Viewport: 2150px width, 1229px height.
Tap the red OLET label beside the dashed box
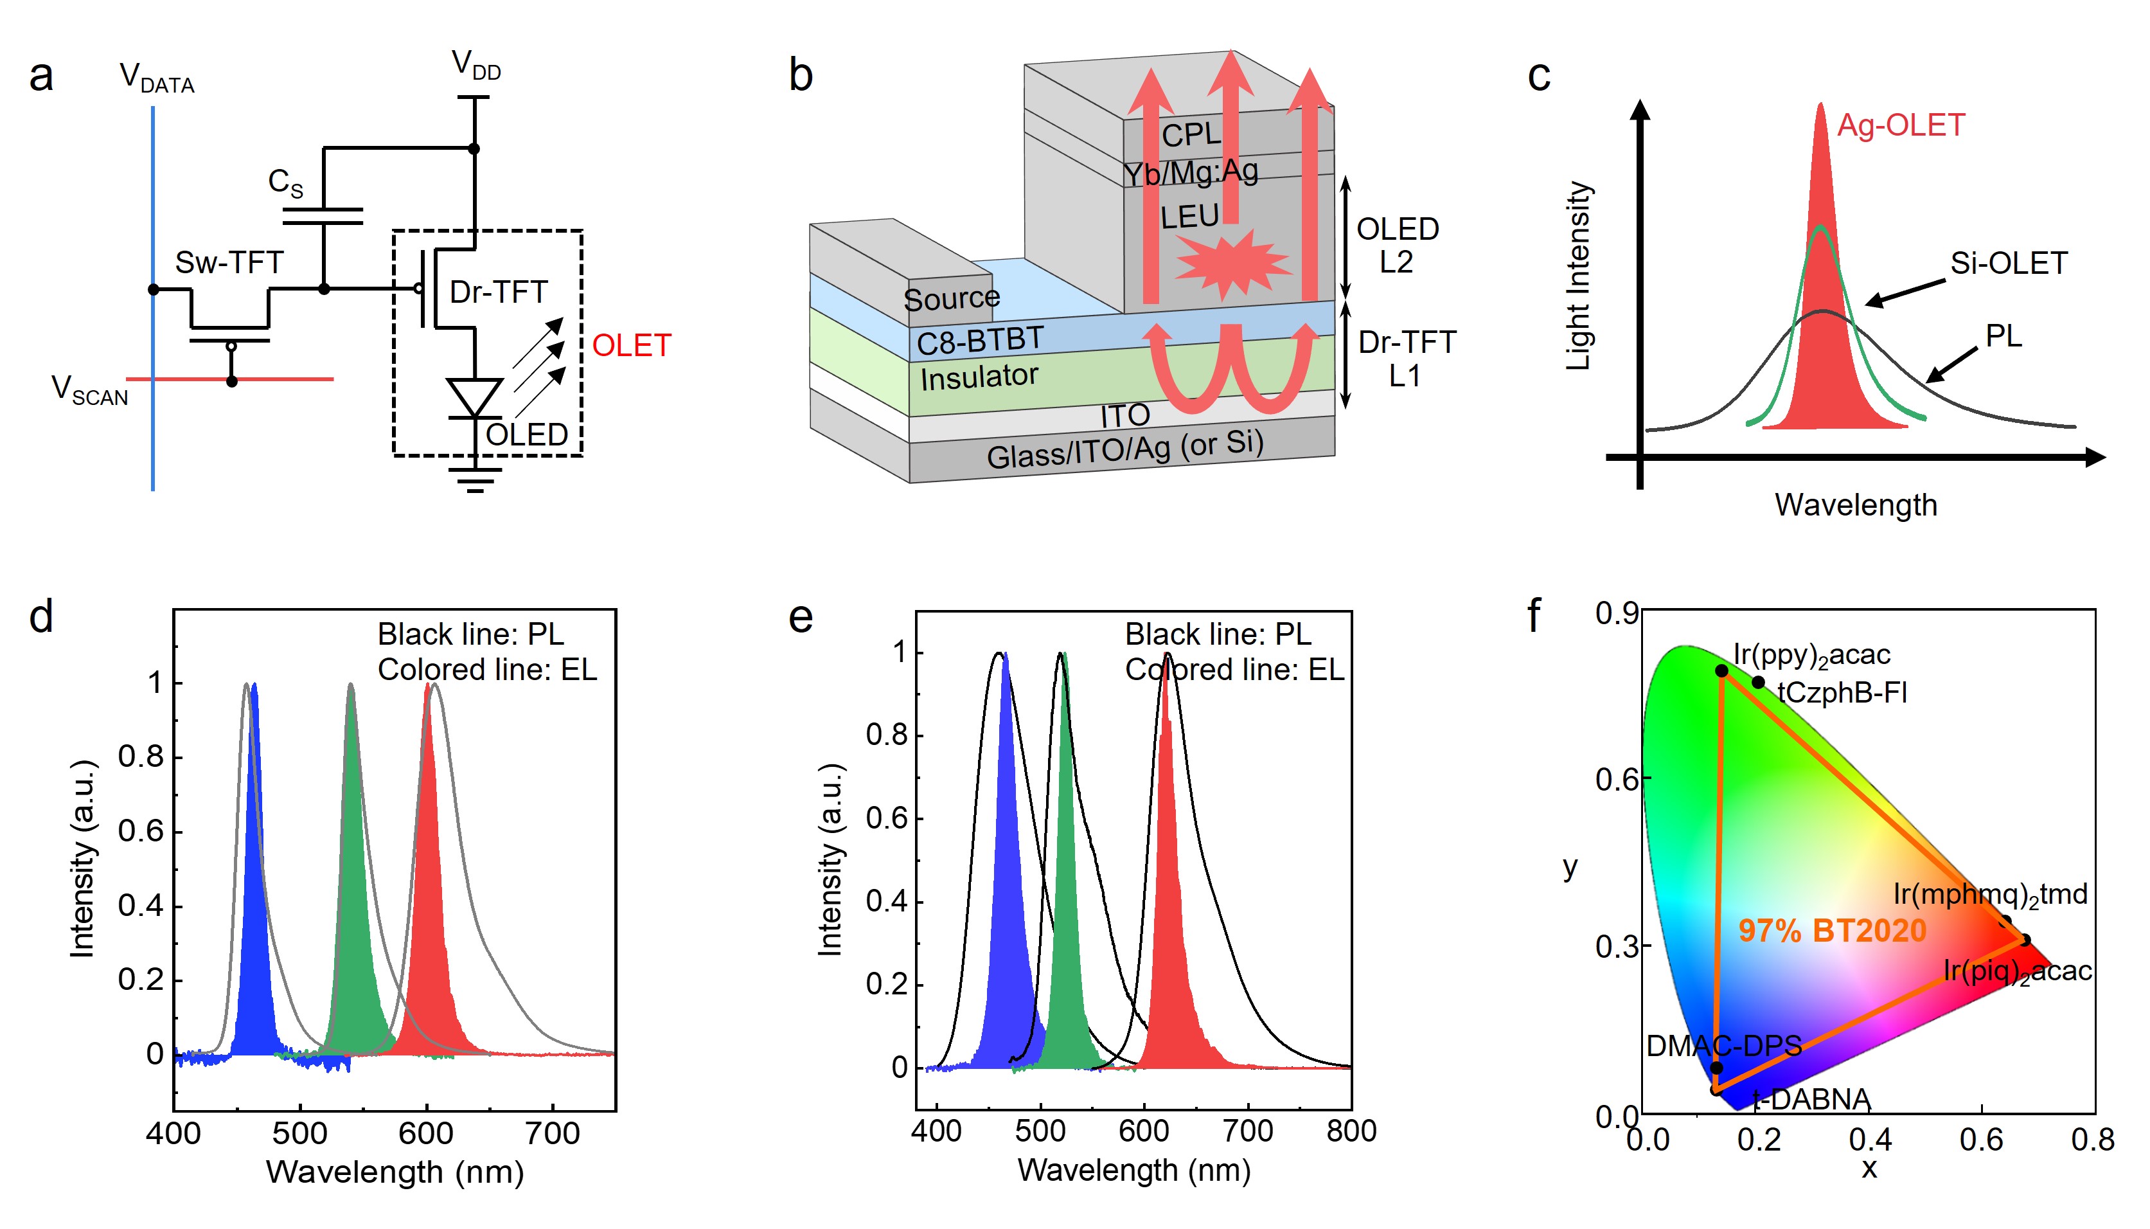click(631, 345)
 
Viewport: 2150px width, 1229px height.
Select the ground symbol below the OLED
click(475, 481)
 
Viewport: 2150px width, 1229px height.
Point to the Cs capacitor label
click(285, 183)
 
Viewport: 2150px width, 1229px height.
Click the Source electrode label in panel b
click(951, 299)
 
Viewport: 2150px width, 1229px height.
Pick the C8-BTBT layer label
click(980, 341)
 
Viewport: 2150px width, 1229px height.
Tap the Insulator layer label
click(979, 377)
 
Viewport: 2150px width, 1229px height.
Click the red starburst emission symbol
click(1231, 264)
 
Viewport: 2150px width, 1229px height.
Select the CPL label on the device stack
click(1191, 135)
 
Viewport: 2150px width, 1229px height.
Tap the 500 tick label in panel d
click(299, 1133)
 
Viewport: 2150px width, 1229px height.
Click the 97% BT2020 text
click(1832, 931)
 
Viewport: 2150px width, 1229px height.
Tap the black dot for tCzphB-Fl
click(1757, 682)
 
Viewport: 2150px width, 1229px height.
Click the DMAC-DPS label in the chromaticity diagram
click(1723, 1046)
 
